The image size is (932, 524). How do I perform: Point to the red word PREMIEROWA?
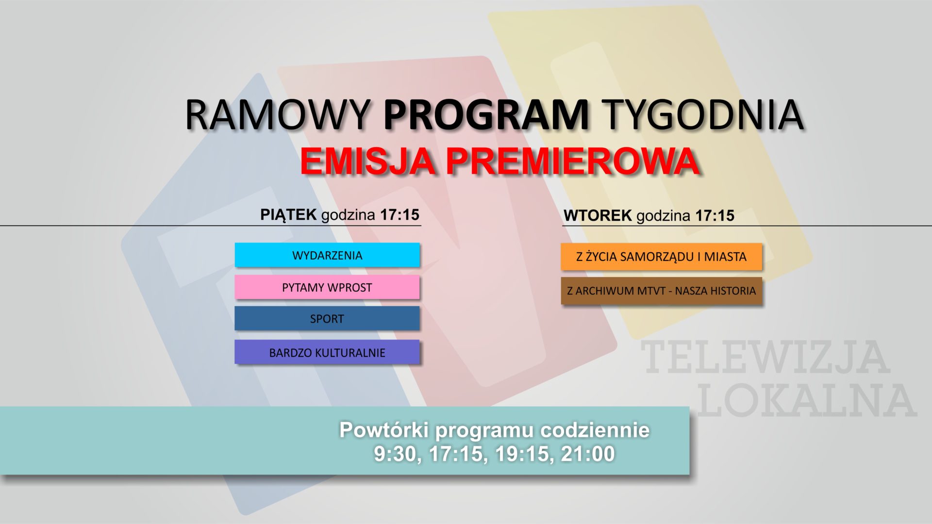coord(573,161)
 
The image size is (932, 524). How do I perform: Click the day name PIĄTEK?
coord(288,214)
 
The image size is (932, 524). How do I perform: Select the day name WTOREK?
coord(597,215)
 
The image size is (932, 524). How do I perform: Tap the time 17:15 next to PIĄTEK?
coord(399,214)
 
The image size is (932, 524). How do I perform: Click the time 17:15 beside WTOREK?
coord(715,215)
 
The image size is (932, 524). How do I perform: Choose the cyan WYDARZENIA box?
coord(327,255)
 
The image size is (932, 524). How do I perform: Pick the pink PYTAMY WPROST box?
coord(327,287)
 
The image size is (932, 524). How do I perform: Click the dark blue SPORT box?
coord(327,319)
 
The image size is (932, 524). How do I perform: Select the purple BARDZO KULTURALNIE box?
coord(327,352)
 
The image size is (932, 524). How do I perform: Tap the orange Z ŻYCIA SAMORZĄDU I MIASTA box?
coord(661,257)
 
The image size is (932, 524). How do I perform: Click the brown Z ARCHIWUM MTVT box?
coord(661,291)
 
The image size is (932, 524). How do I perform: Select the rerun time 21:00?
coord(588,454)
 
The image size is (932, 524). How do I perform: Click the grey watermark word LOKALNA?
coord(806,401)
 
